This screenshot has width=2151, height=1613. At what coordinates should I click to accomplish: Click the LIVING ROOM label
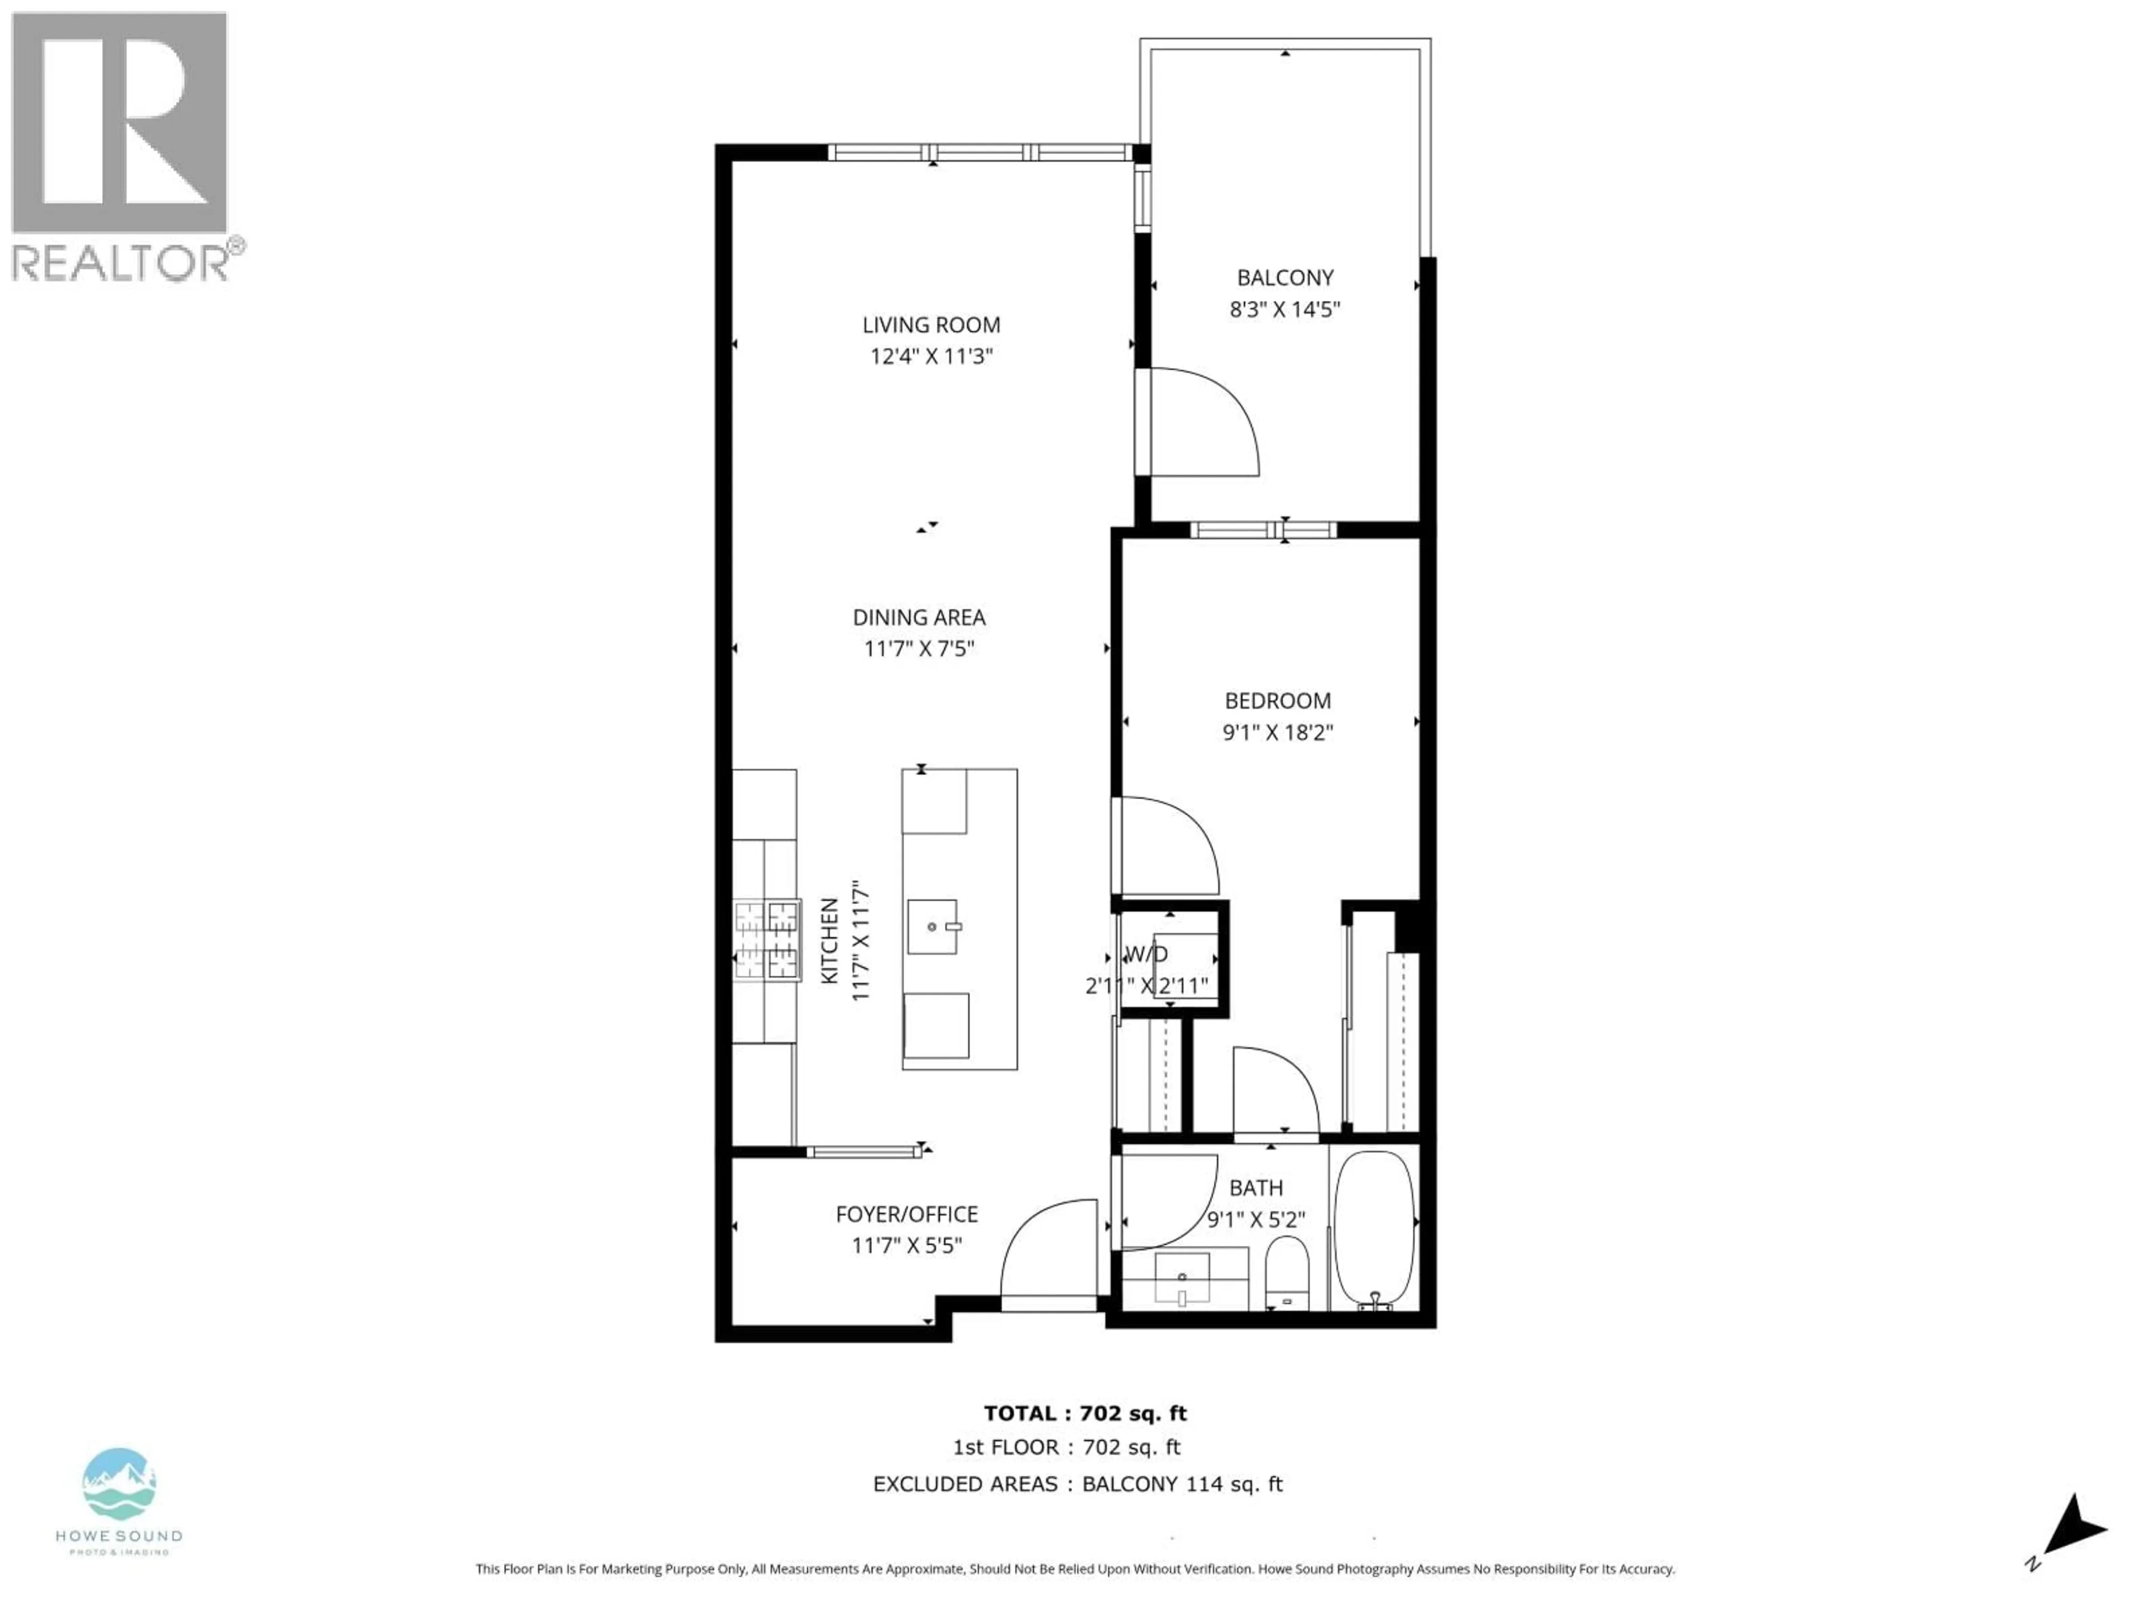pyautogui.click(x=930, y=325)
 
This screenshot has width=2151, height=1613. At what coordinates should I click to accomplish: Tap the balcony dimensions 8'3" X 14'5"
pyautogui.click(x=1284, y=309)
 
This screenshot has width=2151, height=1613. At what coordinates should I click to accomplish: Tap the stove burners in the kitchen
pyautogui.click(x=766, y=939)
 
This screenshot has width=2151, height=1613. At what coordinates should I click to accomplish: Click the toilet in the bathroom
pyautogui.click(x=1287, y=1274)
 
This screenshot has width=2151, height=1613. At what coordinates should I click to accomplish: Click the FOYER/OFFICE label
pyautogui.click(x=906, y=1214)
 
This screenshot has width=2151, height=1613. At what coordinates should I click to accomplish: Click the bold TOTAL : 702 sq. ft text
pyautogui.click(x=1084, y=1414)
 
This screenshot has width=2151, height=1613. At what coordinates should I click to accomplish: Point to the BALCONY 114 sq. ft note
pyautogui.click(x=1181, y=1484)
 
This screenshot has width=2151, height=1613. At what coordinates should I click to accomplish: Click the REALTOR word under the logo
pyautogui.click(x=119, y=263)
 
